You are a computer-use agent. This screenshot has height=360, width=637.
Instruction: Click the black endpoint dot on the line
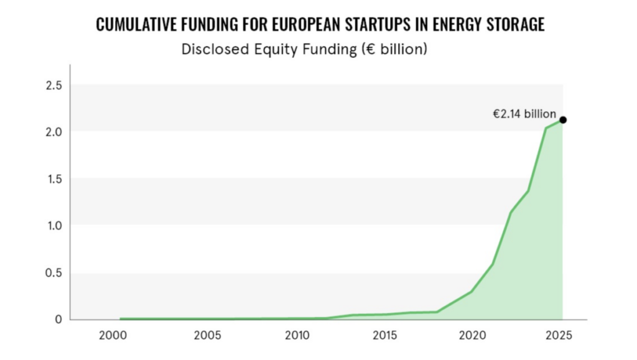pos(563,120)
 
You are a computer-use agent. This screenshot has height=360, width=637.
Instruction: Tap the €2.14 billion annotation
pos(524,114)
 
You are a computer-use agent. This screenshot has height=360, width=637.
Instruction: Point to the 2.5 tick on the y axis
pos(54,85)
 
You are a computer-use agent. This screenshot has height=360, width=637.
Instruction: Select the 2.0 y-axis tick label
pos(54,132)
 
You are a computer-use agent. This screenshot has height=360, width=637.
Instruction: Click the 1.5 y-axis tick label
pos(54,179)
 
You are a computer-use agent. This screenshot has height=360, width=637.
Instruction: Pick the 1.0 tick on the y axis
pos(54,226)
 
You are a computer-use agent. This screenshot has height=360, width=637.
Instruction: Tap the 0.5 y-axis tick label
pos(54,273)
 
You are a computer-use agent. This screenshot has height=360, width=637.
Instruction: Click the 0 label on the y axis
pos(58,320)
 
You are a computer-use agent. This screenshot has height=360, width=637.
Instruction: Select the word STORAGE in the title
pos(514,25)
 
